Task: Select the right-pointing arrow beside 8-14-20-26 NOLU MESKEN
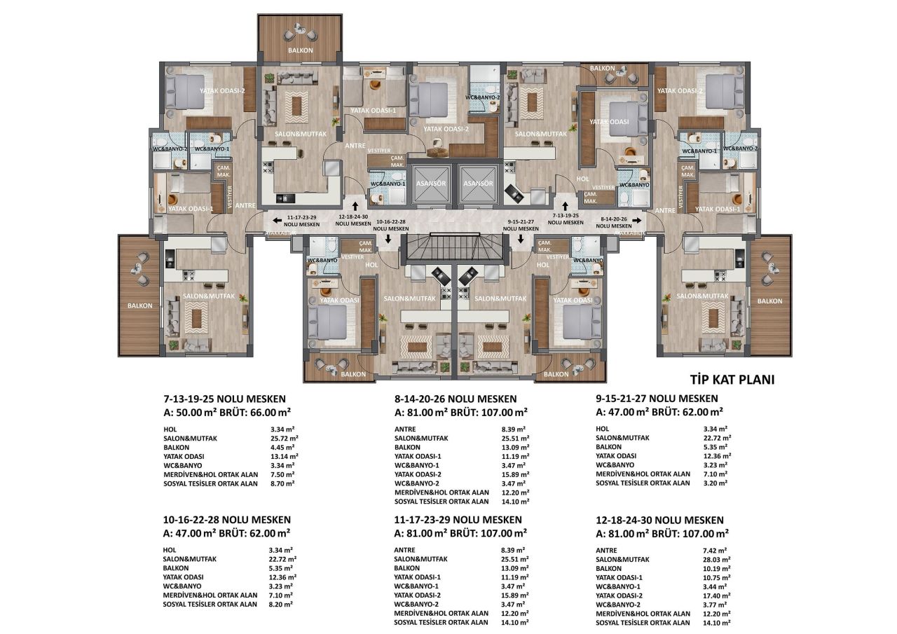(x=638, y=218)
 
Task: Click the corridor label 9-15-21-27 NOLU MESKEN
(x=523, y=225)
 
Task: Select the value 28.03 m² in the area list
(x=716, y=560)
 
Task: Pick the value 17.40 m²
(x=716, y=595)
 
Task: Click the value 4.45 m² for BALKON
(x=281, y=447)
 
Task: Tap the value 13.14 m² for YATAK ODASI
(x=282, y=456)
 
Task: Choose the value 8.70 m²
(x=281, y=483)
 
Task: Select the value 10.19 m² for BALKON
(x=716, y=569)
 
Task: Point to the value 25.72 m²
(x=282, y=438)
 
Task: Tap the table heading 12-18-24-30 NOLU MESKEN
(x=659, y=520)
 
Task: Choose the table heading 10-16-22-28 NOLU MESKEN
(x=226, y=520)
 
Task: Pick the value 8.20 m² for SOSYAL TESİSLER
(x=281, y=604)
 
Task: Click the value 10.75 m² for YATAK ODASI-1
(x=716, y=578)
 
